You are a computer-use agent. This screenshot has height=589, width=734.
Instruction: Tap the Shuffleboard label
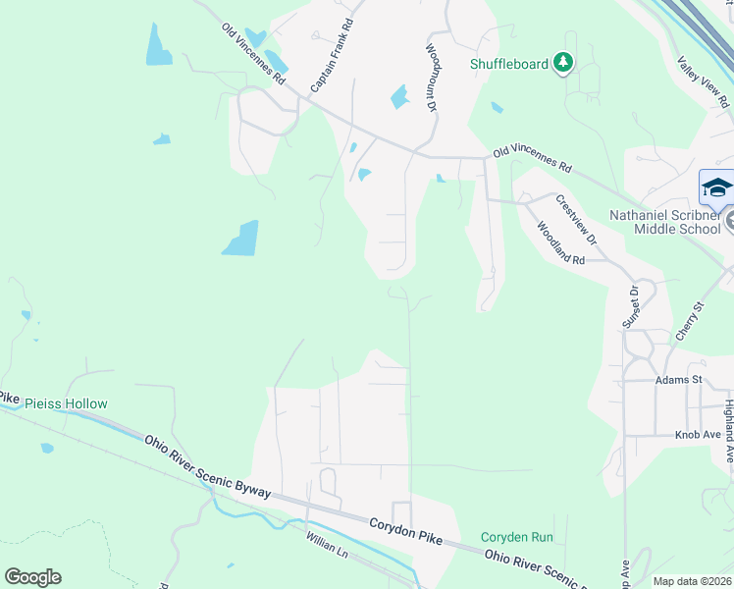(509, 64)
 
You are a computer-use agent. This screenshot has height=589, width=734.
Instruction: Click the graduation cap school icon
(716, 187)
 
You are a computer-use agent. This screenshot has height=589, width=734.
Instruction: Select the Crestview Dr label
(576, 219)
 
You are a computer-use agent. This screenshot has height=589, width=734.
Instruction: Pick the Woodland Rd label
(560, 242)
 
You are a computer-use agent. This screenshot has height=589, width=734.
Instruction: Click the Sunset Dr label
(630, 307)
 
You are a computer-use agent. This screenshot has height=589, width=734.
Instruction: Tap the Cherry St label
(690, 321)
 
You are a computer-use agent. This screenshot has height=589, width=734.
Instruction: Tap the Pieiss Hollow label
(66, 403)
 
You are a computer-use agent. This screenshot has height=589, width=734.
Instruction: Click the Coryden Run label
(517, 537)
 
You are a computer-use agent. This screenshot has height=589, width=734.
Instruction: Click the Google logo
(32, 577)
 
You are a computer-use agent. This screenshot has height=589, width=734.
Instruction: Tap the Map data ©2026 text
(691, 581)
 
